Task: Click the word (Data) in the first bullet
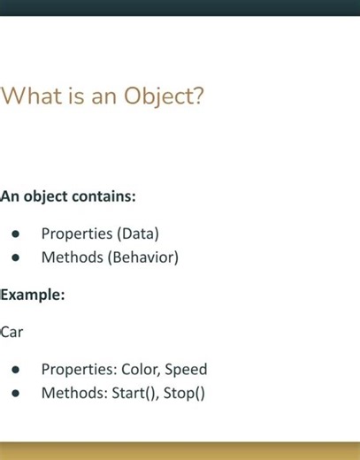coord(138,234)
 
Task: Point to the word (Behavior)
coord(143,257)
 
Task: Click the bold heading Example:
coord(32,295)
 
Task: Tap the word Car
coord(11,332)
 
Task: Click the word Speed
coord(186,370)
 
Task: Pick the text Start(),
coord(135,393)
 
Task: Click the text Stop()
coord(184,393)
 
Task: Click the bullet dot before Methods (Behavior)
coord(16,258)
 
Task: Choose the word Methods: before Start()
coord(73,393)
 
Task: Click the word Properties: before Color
coord(79,370)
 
